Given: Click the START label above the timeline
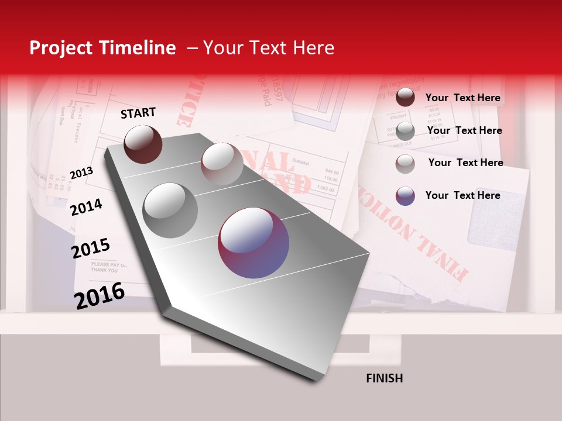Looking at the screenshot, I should [x=138, y=113].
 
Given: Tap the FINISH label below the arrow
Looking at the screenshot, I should [x=384, y=378].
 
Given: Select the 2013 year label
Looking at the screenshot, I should [x=81, y=173].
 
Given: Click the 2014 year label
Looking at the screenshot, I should [x=86, y=207].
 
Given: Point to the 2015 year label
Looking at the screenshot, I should [x=91, y=249].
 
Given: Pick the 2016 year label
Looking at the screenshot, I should [x=100, y=295].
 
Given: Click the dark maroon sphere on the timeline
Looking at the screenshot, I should [x=143, y=144].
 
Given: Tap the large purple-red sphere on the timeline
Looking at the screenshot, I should [x=253, y=243].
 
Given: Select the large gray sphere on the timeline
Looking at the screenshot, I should [x=170, y=210].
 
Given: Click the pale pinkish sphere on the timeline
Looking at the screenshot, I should [x=222, y=164].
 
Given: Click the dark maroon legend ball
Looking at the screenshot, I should [x=405, y=98].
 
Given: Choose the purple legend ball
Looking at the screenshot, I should [x=405, y=196].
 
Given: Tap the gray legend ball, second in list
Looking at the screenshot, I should [x=405, y=130].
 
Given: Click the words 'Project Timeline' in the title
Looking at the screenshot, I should [x=102, y=48].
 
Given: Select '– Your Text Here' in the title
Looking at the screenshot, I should [x=261, y=48].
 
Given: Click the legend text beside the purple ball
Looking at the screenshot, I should [x=462, y=195].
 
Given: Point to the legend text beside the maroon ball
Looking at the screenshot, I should [x=462, y=98].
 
